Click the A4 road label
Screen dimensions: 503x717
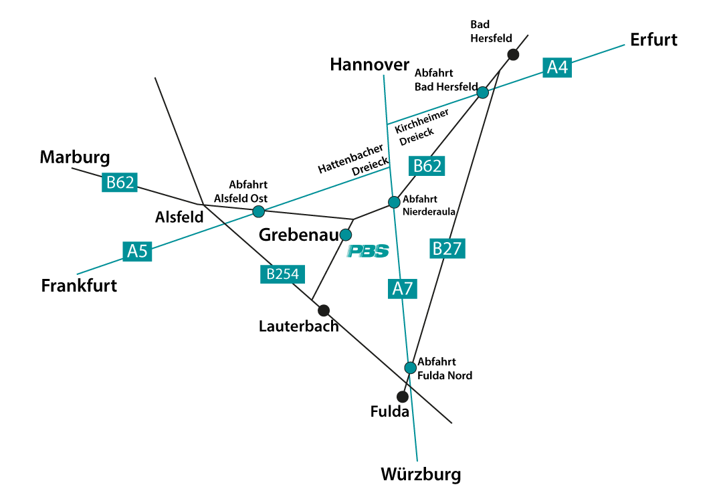[x=556, y=67]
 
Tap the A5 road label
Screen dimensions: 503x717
[x=137, y=251]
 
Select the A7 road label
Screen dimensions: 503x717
[x=403, y=288]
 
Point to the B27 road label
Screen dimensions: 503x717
[x=447, y=248]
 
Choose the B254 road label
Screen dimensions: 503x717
[x=282, y=274]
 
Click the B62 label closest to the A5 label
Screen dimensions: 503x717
[x=120, y=182]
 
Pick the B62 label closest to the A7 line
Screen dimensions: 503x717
[x=427, y=166]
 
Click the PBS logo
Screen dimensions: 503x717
[x=367, y=251]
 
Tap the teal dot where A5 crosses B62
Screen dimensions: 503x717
[x=259, y=211]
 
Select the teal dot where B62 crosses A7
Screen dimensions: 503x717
[x=394, y=202]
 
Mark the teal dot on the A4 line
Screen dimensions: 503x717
[x=482, y=92]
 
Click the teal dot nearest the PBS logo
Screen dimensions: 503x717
[x=345, y=235]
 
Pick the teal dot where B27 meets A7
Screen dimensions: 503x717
[x=410, y=368]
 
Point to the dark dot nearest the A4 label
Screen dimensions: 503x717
[x=513, y=55]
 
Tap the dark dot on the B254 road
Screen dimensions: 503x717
[x=324, y=310]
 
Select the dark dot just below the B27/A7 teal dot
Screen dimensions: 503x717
[x=403, y=397]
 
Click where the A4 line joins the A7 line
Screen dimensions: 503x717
[x=387, y=124]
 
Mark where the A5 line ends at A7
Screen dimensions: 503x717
[x=389, y=167]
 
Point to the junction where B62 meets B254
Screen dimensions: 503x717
[x=203, y=205]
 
